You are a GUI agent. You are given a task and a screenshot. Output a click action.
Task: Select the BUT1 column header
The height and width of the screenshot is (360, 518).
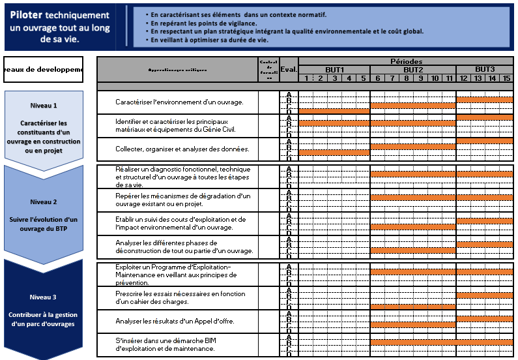tap(334, 70)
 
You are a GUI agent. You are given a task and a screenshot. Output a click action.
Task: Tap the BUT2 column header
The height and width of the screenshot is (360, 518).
tap(413, 70)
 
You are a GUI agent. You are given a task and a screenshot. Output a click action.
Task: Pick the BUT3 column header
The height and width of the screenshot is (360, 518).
tap(485, 69)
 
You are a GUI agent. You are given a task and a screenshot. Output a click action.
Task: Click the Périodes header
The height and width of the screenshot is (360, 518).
tap(406, 61)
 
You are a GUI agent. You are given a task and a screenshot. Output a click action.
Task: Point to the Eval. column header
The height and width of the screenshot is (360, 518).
tap(289, 69)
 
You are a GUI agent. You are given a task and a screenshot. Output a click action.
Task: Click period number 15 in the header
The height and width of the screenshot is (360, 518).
tap(506, 78)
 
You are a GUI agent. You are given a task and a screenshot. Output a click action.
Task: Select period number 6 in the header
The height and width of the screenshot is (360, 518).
tap(377, 78)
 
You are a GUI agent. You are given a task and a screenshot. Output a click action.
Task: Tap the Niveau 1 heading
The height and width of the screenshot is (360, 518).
tap(44, 105)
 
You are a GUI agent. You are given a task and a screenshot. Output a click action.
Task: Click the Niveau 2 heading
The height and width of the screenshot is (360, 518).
tap(44, 202)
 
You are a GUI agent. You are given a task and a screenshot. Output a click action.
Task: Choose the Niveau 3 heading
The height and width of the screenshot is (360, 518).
tap(44, 297)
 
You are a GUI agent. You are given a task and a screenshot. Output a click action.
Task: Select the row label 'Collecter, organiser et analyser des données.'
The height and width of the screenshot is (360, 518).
tap(173, 149)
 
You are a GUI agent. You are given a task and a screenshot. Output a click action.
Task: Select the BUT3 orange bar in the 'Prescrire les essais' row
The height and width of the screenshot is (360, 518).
tap(485, 295)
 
